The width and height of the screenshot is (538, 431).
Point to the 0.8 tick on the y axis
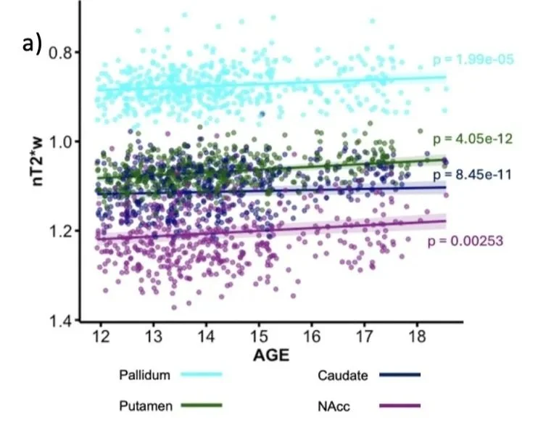tap(59, 52)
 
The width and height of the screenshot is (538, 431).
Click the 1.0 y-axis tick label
tap(59, 141)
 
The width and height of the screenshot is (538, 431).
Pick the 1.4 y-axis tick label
tap(59, 321)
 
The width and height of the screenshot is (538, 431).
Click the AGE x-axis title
tap(271, 355)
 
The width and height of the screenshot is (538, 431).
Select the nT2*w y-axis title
tap(38, 161)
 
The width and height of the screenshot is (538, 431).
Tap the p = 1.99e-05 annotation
tap(473, 59)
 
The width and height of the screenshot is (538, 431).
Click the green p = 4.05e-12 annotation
tap(473, 139)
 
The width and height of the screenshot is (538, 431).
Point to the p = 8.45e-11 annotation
tap(473, 175)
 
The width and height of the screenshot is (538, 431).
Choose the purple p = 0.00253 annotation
tap(465, 241)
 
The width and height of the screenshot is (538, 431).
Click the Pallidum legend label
tap(144, 374)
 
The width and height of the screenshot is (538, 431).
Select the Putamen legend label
tap(146, 406)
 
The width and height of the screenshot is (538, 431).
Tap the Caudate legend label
tap(343, 375)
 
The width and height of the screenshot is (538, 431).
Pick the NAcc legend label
tap(334, 406)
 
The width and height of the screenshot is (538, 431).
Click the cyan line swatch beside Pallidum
tap(202, 374)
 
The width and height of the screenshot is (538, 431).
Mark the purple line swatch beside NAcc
tap(400, 406)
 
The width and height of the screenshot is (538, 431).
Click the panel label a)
tap(32, 44)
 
